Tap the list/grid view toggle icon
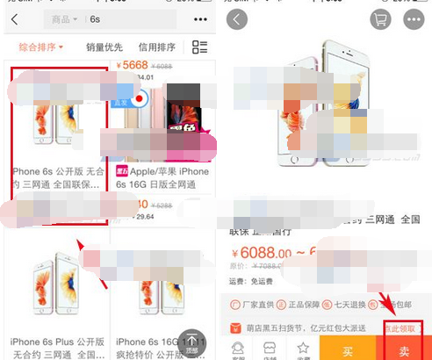(200, 47)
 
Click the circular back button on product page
(238, 18)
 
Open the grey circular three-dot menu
(413, 18)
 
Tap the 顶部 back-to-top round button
(191, 342)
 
